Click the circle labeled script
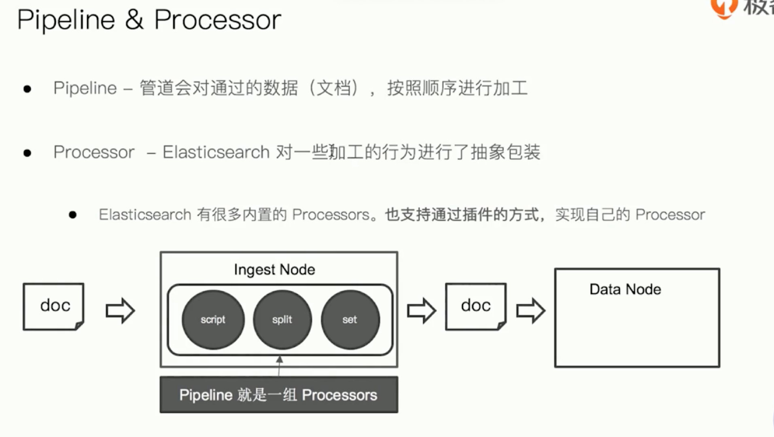(213, 320)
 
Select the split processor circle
(282, 320)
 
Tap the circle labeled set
(350, 320)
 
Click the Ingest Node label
(274, 270)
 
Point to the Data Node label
(625, 289)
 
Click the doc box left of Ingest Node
(53, 307)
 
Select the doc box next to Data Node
(476, 307)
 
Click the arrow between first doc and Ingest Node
(120, 311)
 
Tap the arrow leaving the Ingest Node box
(422, 311)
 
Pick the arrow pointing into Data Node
(531, 311)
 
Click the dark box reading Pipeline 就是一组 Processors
(279, 395)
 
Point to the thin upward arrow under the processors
(279, 366)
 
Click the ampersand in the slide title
(134, 19)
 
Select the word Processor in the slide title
(218, 20)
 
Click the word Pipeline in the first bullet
(85, 88)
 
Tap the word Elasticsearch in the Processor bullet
(216, 152)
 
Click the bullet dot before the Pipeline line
(28, 89)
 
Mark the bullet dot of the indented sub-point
(73, 215)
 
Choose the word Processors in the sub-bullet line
(331, 214)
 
